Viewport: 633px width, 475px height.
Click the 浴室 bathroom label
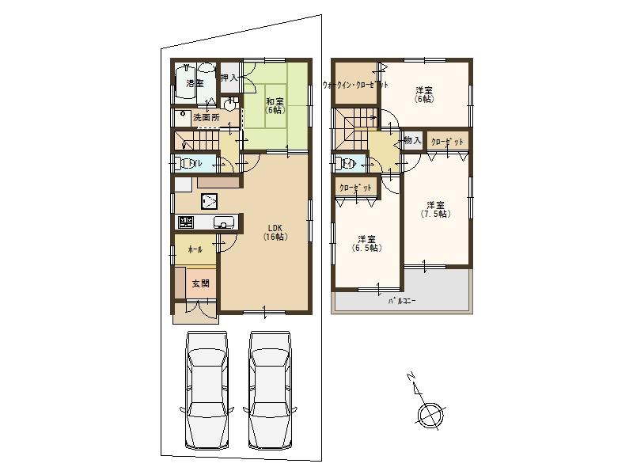tap(194, 83)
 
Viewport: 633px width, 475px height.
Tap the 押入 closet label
tap(229, 78)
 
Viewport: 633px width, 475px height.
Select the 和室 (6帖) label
tap(275, 105)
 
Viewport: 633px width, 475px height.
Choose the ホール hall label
tap(195, 249)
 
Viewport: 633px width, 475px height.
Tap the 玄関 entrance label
tap(199, 283)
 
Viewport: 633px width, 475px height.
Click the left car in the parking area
tap(206, 390)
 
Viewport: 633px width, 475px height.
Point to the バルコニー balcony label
tap(402, 302)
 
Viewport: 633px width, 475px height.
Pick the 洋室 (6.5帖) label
tap(366, 243)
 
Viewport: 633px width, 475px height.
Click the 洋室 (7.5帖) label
tap(434, 210)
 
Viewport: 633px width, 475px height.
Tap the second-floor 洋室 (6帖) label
tap(423, 94)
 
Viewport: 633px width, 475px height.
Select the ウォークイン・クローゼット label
tap(355, 85)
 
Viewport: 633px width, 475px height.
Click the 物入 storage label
tap(411, 141)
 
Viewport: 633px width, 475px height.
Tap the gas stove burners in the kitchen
tap(185, 222)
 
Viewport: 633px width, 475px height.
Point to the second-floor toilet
tap(345, 164)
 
